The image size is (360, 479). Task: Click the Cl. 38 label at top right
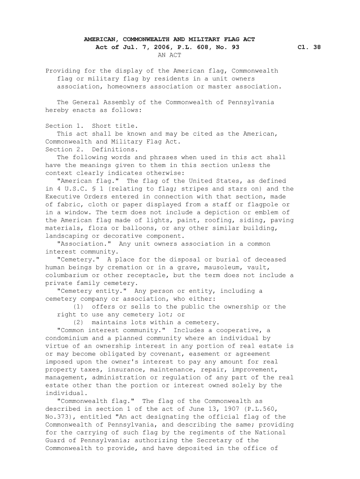[x=309, y=47]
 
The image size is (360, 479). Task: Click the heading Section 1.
[x=65, y=126]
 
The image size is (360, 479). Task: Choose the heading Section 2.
[x=65, y=150]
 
